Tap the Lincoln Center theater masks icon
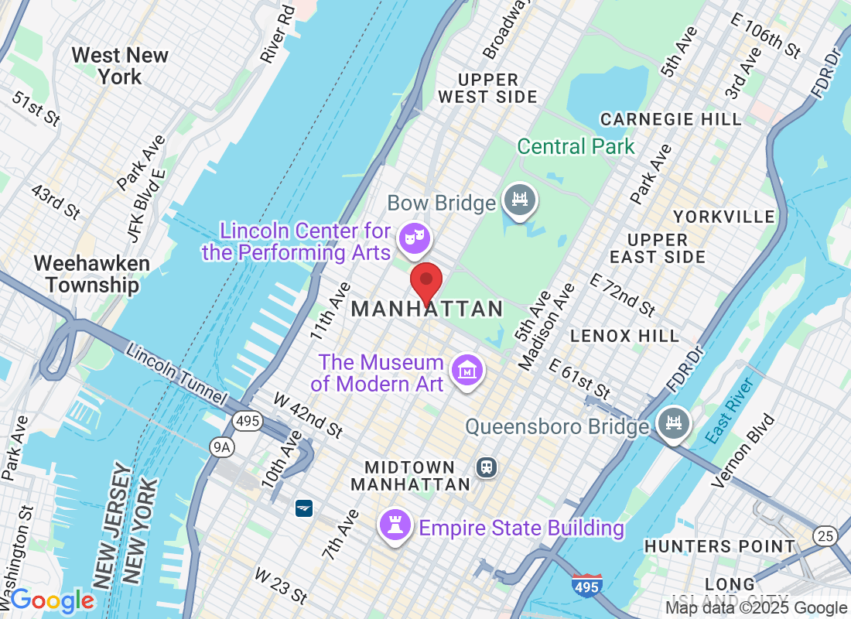pos(411,236)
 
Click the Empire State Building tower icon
pos(395,526)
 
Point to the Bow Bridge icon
pos(519,201)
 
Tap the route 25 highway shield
pos(824,535)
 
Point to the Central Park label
pos(576,146)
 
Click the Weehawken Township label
pos(91,274)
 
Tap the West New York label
pos(120,66)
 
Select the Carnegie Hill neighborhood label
pos(671,119)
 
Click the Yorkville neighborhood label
pos(724,216)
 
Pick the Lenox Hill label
pos(624,336)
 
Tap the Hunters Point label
pos(719,546)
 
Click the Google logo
pos(52,600)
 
